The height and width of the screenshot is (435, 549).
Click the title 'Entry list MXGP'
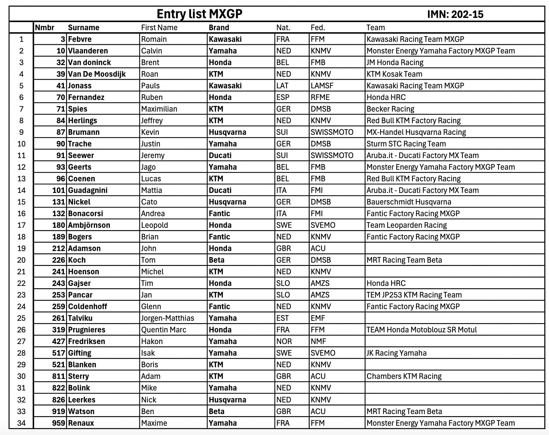(199, 14)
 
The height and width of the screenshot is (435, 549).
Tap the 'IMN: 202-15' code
(455, 14)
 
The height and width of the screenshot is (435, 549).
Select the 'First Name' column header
(159, 28)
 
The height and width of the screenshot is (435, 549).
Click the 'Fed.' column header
(318, 28)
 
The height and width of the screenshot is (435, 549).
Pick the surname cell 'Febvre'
(80, 39)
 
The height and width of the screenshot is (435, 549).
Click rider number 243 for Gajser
(58, 283)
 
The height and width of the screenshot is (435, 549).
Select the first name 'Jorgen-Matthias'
(167, 318)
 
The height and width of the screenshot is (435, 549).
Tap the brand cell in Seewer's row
(220, 155)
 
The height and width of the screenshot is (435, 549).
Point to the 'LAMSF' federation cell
(322, 86)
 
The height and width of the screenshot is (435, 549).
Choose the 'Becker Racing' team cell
(390, 109)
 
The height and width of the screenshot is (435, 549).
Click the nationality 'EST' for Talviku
(282, 318)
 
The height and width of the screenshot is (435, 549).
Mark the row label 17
(21, 225)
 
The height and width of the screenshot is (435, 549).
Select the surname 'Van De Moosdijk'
(96, 74)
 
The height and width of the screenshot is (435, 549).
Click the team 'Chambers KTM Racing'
(404, 376)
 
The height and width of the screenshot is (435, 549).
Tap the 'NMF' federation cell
(318, 341)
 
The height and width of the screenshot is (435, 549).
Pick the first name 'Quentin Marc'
(163, 330)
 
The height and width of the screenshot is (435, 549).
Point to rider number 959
(58, 423)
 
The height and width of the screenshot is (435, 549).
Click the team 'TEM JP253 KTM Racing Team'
(414, 295)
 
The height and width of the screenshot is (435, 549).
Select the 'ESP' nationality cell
(283, 97)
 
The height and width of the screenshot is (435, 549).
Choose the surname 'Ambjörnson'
(89, 225)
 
